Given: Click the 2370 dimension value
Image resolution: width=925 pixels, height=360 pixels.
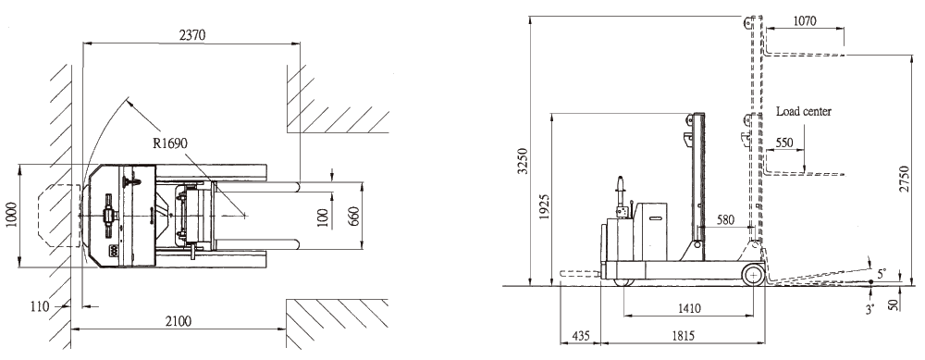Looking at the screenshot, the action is [191, 35].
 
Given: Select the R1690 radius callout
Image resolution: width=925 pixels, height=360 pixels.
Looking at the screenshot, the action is [169, 143].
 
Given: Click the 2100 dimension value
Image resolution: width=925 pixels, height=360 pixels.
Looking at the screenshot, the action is [178, 321].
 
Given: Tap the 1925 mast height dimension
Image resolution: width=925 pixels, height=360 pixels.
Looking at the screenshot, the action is [544, 206].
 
